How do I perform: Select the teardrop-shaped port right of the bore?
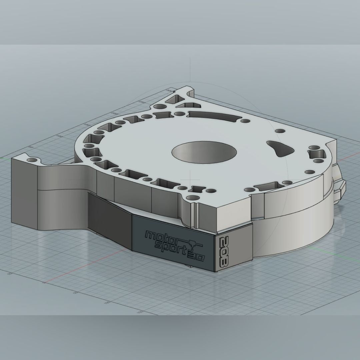click(279, 147)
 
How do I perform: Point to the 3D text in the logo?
click(198, 257)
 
